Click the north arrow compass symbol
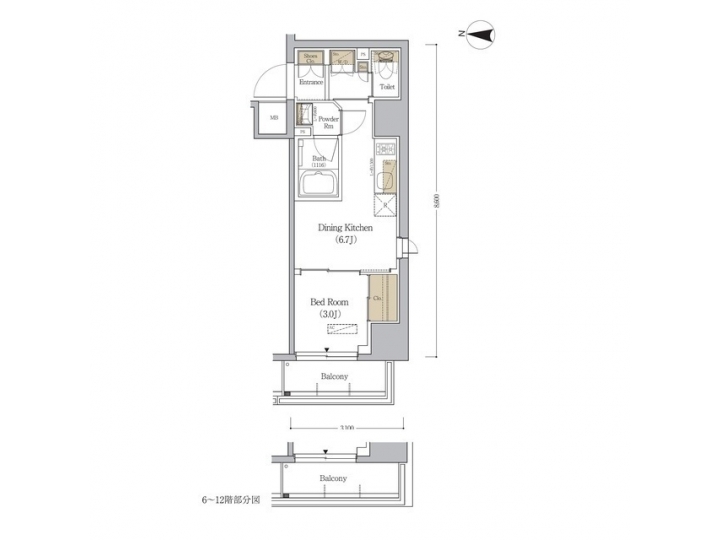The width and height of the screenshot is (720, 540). (483, 36)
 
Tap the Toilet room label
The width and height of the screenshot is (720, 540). (386, 87)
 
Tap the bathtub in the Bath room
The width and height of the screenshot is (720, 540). (318, 187)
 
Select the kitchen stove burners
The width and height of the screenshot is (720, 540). (387, 152)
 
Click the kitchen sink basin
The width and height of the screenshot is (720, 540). (386, 179)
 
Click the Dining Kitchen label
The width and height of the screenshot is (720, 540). (345, 228)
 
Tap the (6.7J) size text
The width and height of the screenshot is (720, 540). (345, 241)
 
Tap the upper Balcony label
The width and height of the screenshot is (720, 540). (334, 377)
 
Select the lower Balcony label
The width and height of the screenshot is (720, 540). (334, 479)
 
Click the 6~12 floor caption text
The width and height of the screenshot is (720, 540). (231, 497)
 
